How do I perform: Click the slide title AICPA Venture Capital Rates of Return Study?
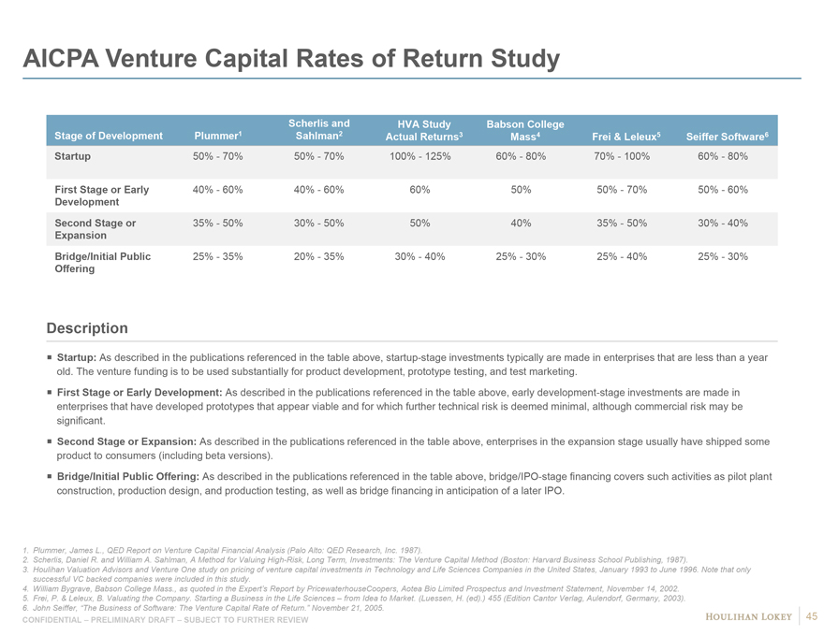pyautogui.click(x=291, y=60)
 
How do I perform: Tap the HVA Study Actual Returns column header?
pyautogui.click(x=424, y=130)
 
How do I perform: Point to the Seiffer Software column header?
pyautogui.click(x=727, y=137)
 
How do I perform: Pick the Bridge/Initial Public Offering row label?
pyautogui.click(x=102, y=262)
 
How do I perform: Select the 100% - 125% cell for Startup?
pyautogui.click(x=420, y=156)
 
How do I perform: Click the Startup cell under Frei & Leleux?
pyautogui.click(x=622, y=156)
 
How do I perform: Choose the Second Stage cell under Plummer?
pyautogui.click(x=217, y=224)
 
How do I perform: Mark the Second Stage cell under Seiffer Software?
pyautogui.click(x=723, y=224)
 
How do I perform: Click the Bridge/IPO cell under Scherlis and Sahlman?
pyautogui.click(x=318, y=256)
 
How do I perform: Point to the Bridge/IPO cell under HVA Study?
pyautogui.click(x=420, y=256)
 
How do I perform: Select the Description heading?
pyautogui.click(x=87, y=328)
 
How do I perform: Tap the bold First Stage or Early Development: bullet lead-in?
pyautogui.click(x=140, y=392)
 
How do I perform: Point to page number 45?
pyautogui.click(x=812, y=615)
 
